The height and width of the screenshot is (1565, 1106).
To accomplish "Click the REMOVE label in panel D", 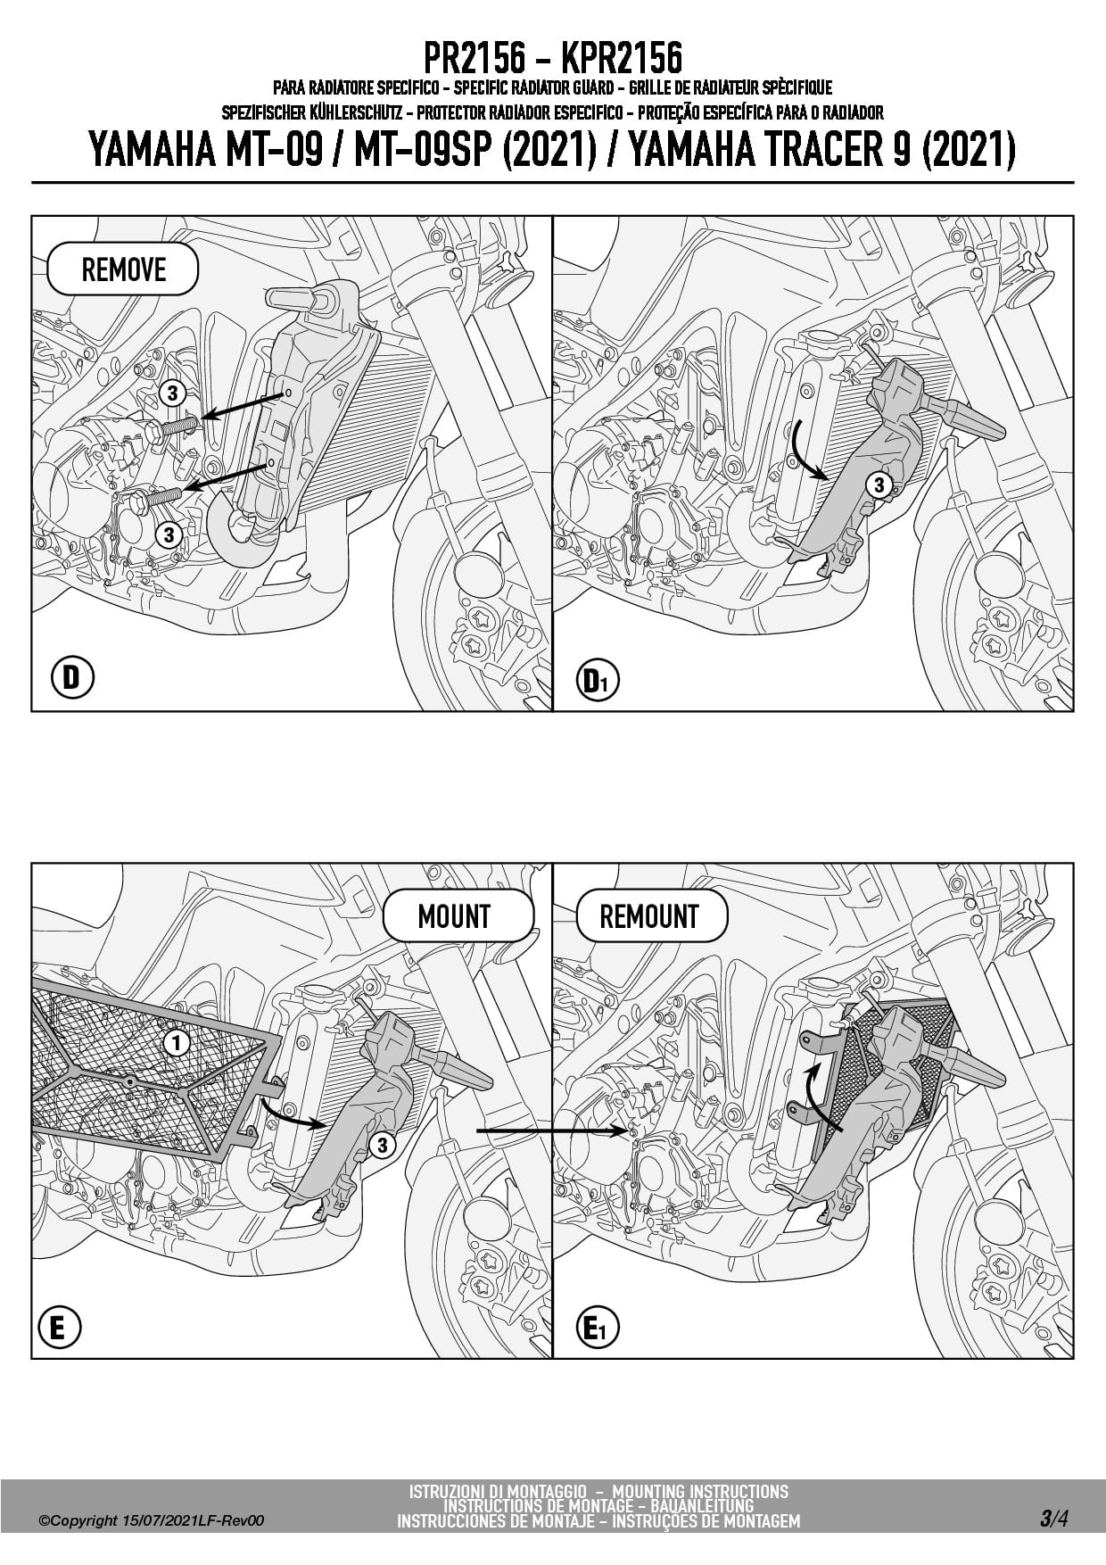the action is click(x=123, y=269).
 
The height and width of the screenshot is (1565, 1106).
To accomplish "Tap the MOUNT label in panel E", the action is click(x=454, y=916).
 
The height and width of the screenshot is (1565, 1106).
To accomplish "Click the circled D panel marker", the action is click(x=71, y=678).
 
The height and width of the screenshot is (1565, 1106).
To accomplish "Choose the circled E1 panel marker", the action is click(x=597, y=1330).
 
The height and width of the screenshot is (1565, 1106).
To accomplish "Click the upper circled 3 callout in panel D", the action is click(x=171, y=393).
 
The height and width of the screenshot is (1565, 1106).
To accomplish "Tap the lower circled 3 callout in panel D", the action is click(x=168, y=534).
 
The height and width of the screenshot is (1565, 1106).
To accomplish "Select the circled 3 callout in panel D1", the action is click(x=879, y=484).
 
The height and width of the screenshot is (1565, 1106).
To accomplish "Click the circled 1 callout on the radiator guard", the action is click(x=177, y=1042).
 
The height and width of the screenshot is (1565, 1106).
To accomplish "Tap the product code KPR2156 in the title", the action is click(x=622, y=59).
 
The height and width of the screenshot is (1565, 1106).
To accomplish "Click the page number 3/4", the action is click(x=1053, y=1519).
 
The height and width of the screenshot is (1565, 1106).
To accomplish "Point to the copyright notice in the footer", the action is click(x=151, y=1521).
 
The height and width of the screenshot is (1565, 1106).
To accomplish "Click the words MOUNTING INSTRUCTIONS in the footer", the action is click(x=701, y=1492).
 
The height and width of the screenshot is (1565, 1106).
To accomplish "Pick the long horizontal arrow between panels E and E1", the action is click(x=553, y=1131).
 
